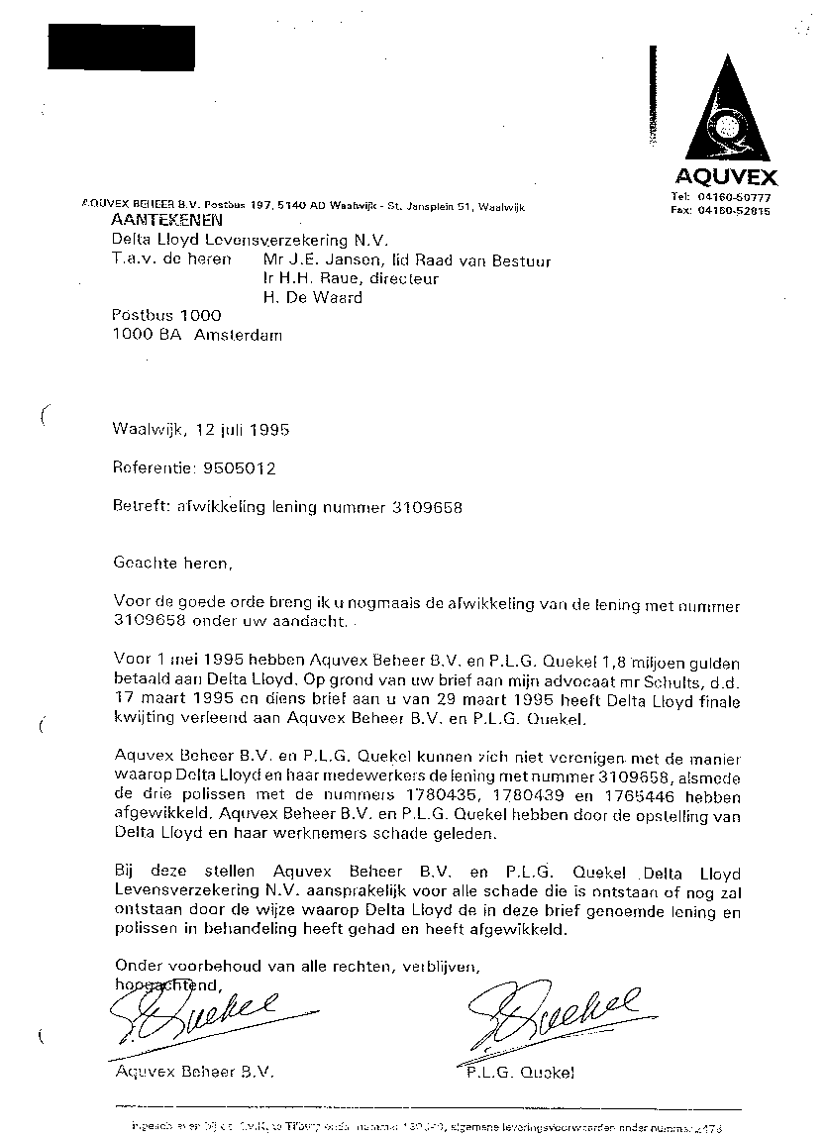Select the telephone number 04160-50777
click(x=741, y=197)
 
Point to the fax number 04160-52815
click(x=741, y=210)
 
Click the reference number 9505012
click(x=238, y=468)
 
